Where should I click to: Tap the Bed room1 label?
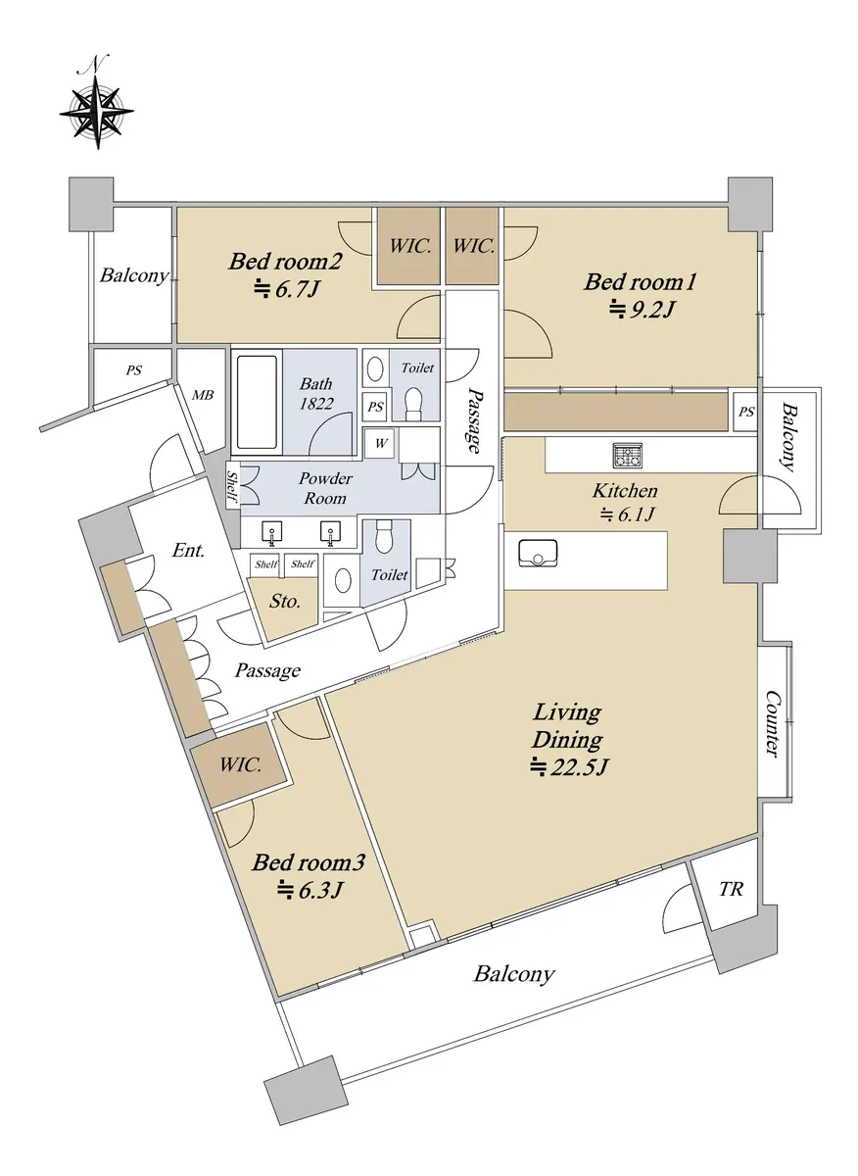[x=640, y=283]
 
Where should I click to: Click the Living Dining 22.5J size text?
[x=571, y=767]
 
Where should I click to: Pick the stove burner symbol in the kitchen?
[x=627, y=455]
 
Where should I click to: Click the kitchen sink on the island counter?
[x=538, y=553]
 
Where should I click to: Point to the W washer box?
[x=381, y=443]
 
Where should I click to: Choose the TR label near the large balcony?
[x=731, y=890]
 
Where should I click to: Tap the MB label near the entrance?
[x=203, y=395]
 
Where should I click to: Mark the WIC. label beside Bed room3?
[x=241, y=765]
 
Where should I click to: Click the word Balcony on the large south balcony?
[x=514, y=974]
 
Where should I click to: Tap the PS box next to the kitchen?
[x=746, y=412]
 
